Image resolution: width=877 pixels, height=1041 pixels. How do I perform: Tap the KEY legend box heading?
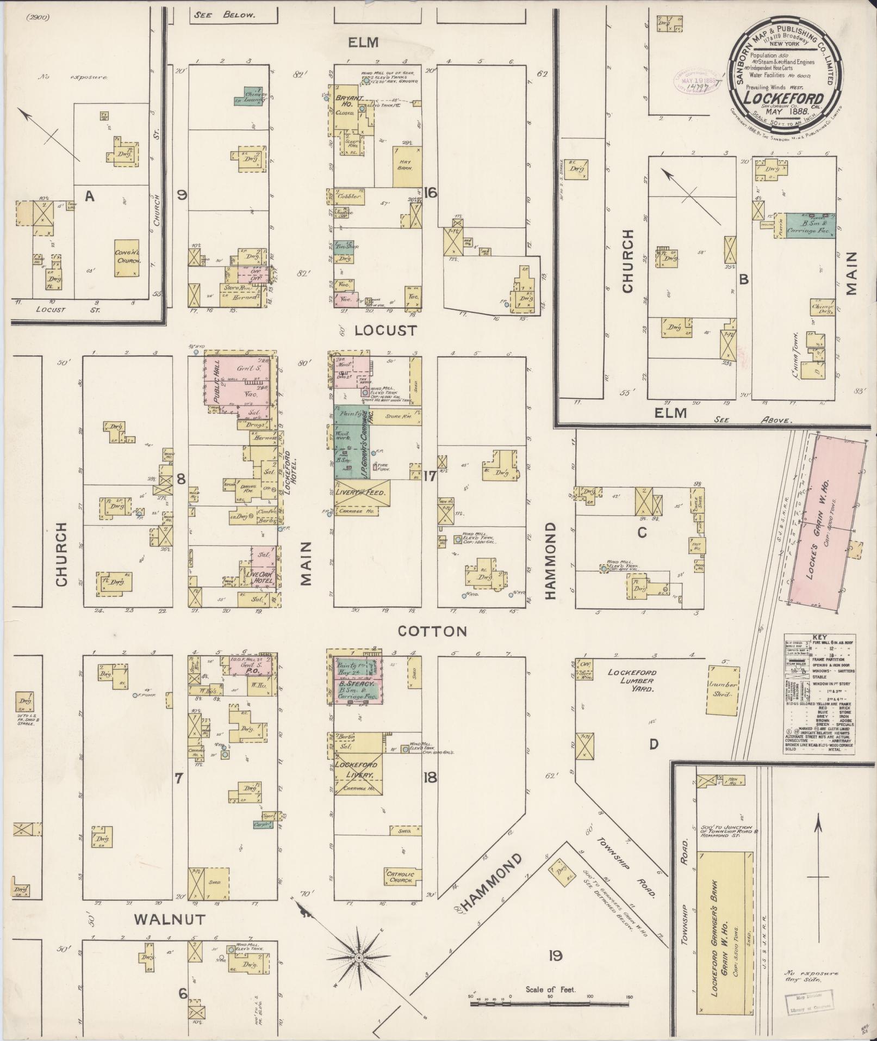[x=819, y=637]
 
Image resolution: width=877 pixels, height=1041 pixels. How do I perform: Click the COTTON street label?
[x=432, y=631]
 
